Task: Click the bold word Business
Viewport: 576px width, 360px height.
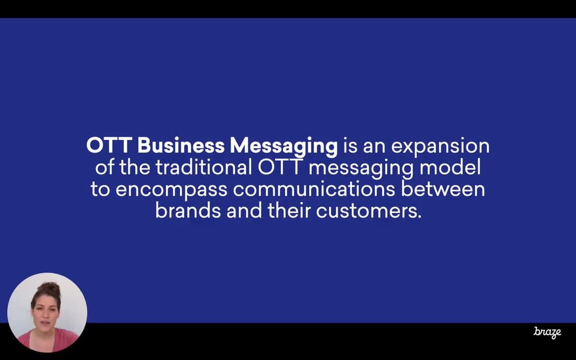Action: pos(181,146)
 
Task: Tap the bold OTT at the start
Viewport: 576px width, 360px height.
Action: pos(109,146)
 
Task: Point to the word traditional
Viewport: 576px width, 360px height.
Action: pos(204,167)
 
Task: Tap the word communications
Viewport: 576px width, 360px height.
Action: pos(314,189)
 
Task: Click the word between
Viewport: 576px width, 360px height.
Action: pos(443,189)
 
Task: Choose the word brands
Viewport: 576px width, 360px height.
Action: pos(188,211)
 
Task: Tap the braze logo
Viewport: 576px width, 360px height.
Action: pos(547,332)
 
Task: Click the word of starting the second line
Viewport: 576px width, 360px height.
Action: pos(105,167)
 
